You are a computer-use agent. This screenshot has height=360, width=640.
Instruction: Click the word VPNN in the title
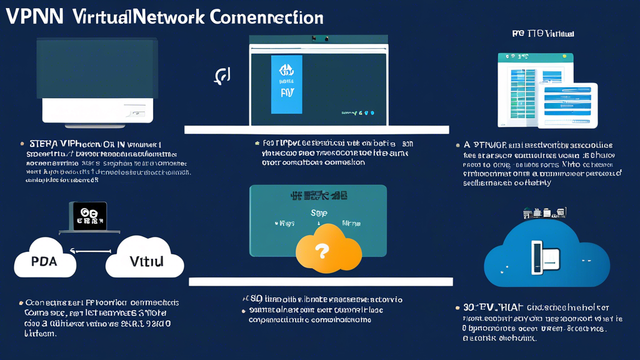click(34, 17)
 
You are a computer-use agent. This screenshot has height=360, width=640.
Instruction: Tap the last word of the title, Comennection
click(266, 17)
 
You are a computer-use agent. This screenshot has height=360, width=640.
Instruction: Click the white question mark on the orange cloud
click(322, 251)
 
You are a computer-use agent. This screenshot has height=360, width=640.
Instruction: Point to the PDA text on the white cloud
click(44, 261)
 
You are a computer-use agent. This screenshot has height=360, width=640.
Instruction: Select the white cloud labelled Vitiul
click(145, 257)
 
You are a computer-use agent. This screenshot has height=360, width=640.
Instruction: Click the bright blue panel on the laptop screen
click(286, 84)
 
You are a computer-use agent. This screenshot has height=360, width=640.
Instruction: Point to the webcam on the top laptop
click(319, 39)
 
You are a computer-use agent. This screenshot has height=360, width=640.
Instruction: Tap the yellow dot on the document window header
click(565, 57)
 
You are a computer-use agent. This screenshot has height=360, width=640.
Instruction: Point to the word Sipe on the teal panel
click(319, 213)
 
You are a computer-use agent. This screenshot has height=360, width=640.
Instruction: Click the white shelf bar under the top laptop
click(316, 130)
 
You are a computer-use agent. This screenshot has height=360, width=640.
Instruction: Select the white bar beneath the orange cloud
click(321, 282)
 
